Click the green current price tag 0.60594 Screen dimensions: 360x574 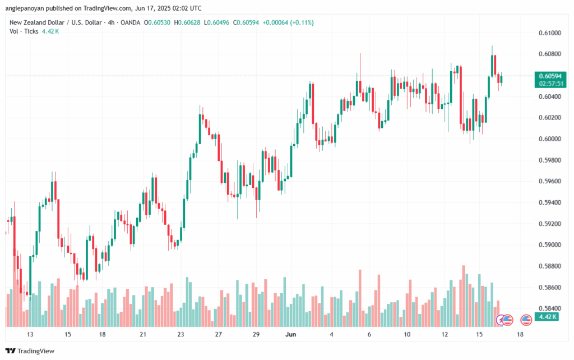tap(551, 76)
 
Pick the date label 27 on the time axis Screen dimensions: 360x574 tap(218, 335)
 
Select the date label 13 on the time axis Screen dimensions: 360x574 tap(30, 335)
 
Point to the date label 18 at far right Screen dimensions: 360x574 tap(521, 335)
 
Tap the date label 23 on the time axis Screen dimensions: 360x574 tap(180, 335)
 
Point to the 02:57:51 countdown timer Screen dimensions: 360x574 tap(551, 83)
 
